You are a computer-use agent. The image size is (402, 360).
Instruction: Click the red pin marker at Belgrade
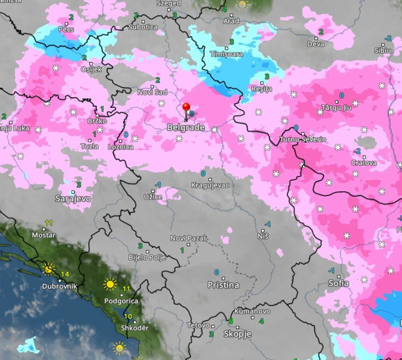(186, 107)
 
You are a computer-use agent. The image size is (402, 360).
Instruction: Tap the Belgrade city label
(186, 128)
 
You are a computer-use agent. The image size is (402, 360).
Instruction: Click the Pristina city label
(223, 285)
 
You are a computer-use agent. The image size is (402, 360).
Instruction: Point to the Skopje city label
(237, 334)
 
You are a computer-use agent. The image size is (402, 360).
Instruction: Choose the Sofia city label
(338, 283)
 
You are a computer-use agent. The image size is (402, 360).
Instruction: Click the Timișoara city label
(226, 54)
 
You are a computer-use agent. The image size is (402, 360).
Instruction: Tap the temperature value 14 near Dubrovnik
(65, 274)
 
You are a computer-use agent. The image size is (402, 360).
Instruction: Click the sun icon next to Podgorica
(110, 284)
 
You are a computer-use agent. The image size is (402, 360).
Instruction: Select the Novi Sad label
(152, 92)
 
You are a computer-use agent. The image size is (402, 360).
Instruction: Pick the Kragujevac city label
(210, 185)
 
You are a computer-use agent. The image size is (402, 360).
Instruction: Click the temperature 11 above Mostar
(49, 223)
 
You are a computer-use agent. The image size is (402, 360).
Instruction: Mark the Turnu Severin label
(303, 140)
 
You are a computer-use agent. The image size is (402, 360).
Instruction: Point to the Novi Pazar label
(188, 238)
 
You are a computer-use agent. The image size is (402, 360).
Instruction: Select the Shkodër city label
(135, 328)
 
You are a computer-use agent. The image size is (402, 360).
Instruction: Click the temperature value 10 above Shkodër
(128, 317)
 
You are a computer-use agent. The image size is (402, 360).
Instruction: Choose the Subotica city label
(143, 27)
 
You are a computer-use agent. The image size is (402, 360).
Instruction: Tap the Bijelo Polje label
(147, 258)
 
